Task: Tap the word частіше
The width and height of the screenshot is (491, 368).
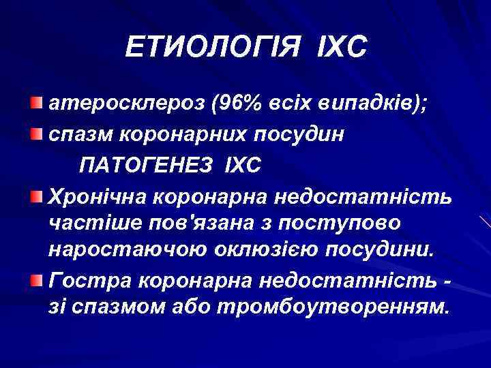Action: pos(89,224)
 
